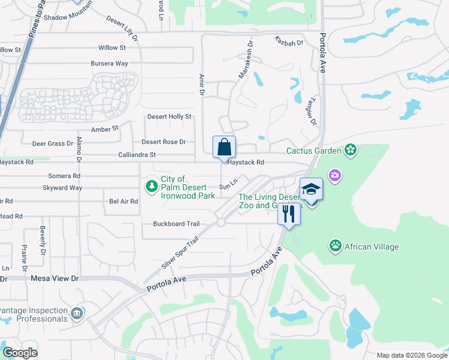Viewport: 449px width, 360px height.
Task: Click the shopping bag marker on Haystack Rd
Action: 224,147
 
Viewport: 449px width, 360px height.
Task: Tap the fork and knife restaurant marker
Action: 289,214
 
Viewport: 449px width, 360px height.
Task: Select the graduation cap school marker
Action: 311,190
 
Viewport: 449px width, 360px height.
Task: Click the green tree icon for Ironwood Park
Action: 152,187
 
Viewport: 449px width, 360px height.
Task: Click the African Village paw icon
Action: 335,245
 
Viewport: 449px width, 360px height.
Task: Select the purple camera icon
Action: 335,176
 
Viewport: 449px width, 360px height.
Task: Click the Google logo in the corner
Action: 20,353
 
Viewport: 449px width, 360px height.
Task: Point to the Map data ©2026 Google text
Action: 411,355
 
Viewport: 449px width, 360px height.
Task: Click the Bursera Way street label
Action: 109,63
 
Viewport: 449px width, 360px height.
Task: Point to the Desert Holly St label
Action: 169,116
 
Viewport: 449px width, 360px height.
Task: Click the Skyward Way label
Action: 62,188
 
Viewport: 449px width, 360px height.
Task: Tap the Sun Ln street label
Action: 225,187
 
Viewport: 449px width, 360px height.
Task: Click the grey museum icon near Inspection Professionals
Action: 77,313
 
